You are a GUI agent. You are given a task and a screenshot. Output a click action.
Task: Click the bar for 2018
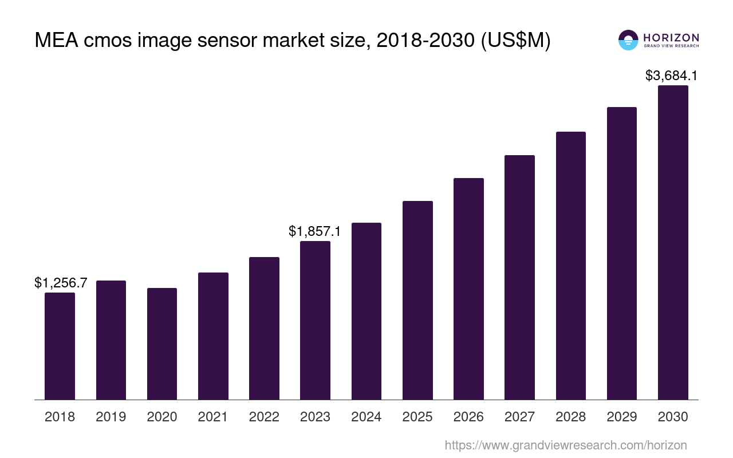[60, 346]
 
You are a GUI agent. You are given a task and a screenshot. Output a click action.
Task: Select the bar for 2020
[162, 343]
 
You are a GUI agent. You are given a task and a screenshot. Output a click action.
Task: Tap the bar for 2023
[315, 320]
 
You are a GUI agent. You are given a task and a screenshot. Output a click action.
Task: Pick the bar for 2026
[468, 289]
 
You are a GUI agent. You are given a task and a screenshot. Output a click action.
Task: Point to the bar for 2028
[570, 266]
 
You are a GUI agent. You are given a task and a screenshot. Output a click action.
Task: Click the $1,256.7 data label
[61, 282]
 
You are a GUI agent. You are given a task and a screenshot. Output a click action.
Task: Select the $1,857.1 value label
[315, 231]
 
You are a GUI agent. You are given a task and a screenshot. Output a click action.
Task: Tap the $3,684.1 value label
[671, 76]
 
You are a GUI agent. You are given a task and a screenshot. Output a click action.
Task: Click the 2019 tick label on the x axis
[111, 417]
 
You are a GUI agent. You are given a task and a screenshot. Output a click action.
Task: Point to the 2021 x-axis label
[213, 417]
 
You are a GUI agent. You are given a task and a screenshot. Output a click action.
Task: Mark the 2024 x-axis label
[366, 417]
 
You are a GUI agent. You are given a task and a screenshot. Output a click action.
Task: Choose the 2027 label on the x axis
[519, 417]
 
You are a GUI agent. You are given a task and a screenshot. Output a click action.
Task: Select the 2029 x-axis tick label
[622, 417]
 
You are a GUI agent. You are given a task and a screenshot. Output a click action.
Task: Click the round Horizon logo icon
[628, 40]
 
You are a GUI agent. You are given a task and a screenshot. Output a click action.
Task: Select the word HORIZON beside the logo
[671, 37]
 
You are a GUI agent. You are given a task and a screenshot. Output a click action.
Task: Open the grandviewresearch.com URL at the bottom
[565, 445]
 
